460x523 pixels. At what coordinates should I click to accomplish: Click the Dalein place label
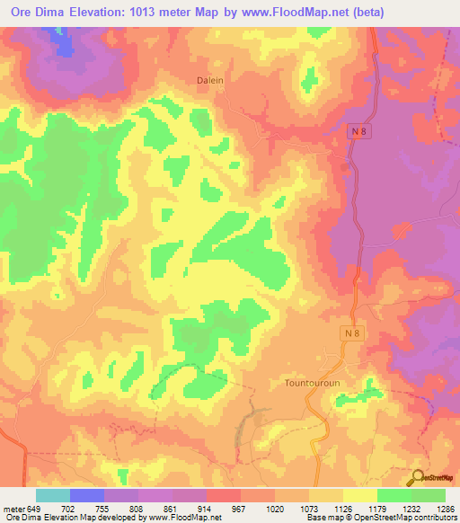209,80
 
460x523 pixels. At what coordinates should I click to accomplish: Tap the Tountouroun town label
308,382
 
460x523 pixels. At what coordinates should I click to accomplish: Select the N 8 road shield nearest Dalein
358,131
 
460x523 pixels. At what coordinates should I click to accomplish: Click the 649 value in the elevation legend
33,508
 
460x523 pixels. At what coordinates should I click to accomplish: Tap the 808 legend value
137,508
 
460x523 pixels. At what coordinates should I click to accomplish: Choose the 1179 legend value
376,508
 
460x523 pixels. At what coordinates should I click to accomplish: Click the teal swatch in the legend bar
53,495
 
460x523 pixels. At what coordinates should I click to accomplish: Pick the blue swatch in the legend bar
87,495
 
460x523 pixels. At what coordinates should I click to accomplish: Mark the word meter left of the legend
13,508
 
